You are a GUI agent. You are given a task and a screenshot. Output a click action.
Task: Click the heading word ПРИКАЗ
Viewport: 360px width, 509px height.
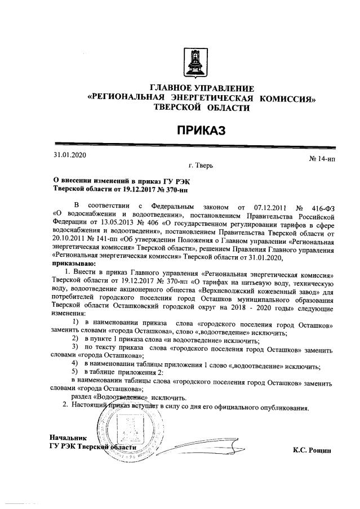click(x=202, y=131)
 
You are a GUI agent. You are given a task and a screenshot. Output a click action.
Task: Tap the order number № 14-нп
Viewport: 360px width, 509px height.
click(x=322, y=160)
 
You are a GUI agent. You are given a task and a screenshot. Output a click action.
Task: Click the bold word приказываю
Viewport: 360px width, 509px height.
click(x=74, y=262)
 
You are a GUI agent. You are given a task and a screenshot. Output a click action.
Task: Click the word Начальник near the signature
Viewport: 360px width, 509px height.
click(x=67, y=437)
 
